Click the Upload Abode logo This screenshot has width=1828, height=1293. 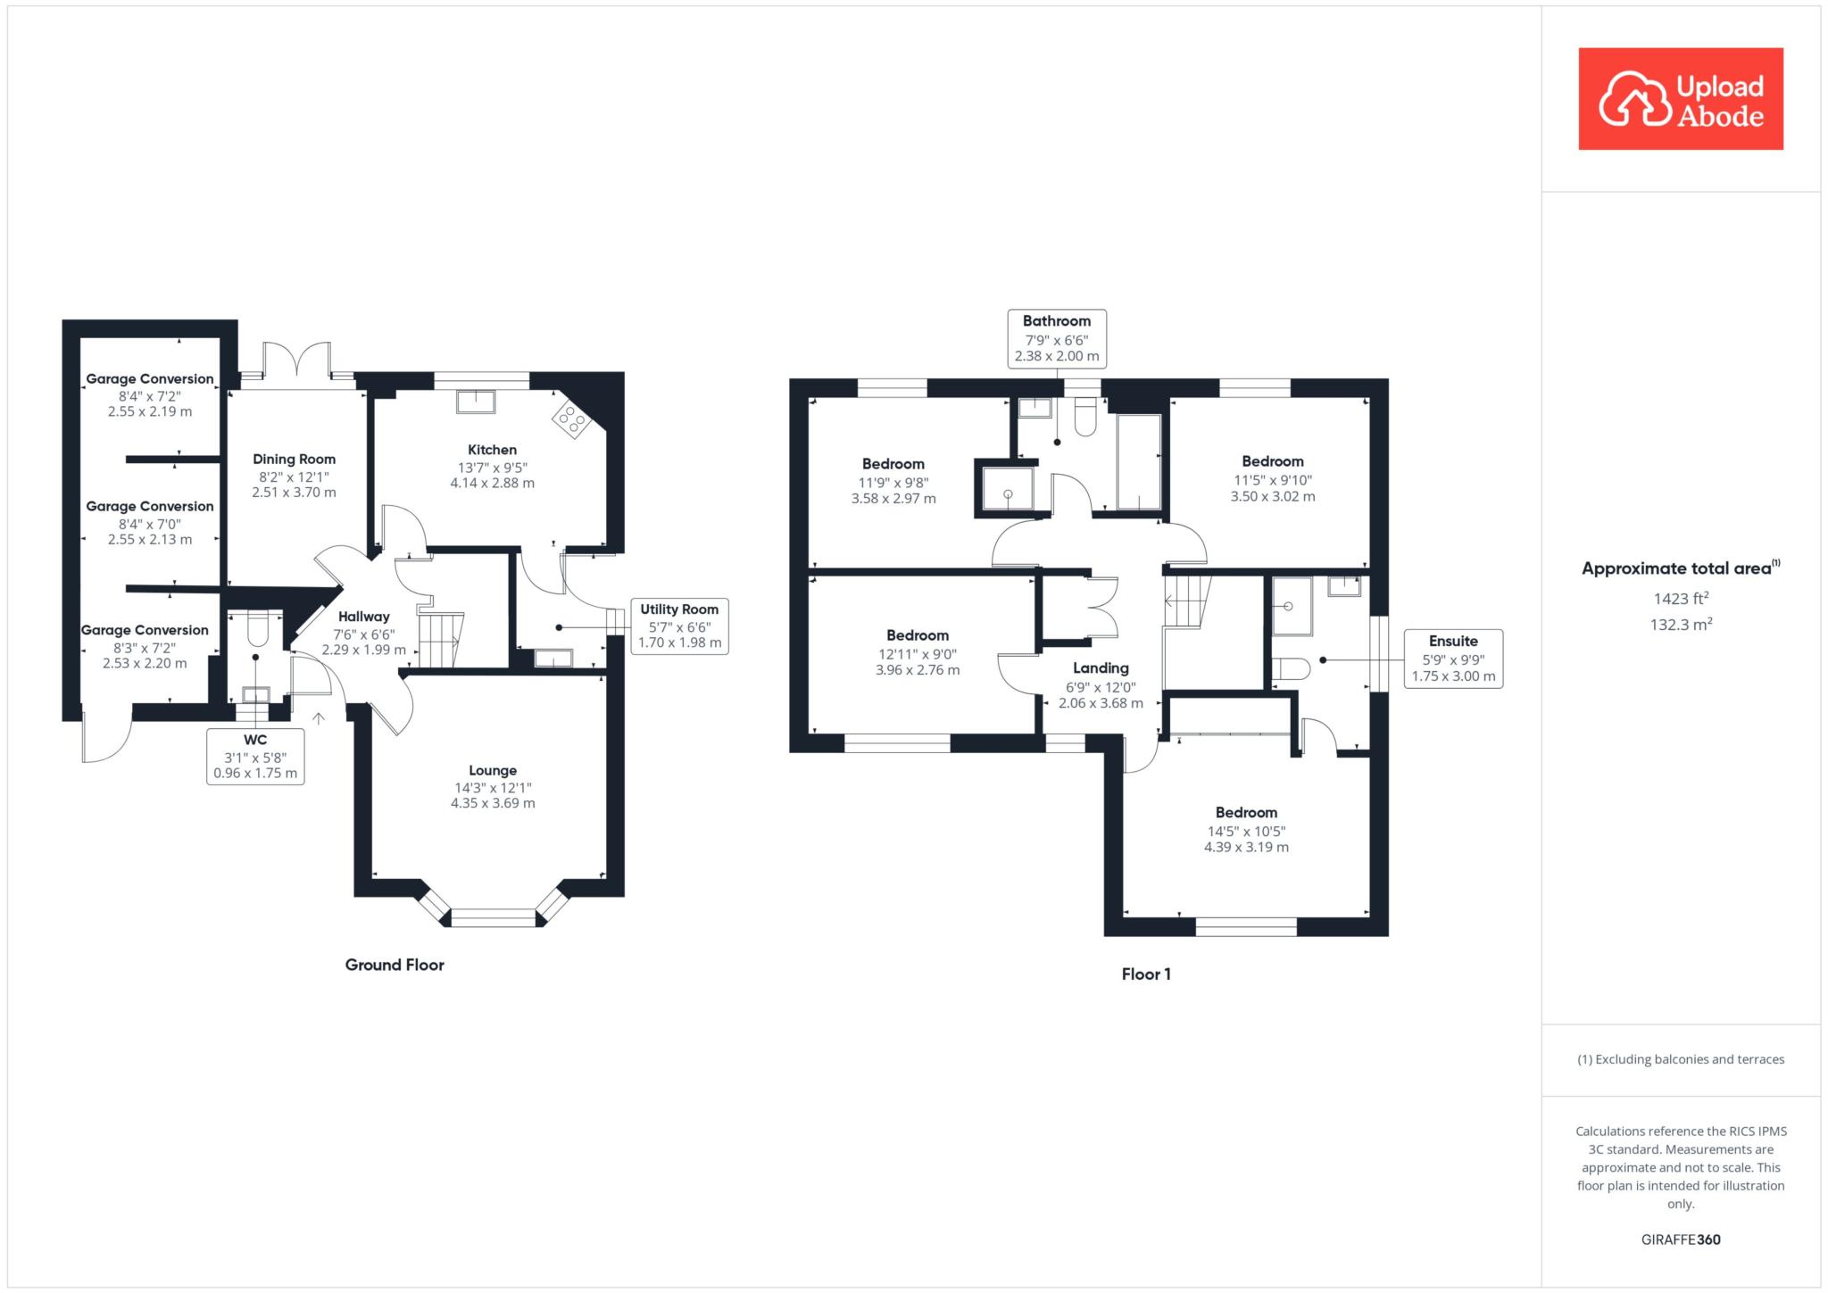point(1681,99)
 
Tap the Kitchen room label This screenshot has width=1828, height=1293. point(492,450)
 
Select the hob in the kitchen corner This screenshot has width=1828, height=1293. point(570,419)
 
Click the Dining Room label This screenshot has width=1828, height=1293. point(294,460)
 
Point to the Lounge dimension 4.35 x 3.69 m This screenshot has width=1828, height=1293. point(493,803)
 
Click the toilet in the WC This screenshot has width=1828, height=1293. point(256,628)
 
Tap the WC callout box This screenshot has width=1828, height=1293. point(255,757)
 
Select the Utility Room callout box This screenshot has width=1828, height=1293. point(679,626)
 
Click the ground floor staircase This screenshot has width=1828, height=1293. point(442,639)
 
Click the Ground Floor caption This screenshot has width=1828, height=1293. point(395,965)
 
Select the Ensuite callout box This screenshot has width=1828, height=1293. point(1453,659)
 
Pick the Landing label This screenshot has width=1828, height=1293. point(1101,668)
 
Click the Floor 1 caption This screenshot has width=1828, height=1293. point(1146,974)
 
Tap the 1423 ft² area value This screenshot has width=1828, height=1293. point(1681,599)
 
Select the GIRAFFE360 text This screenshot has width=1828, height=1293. point(1681,1239)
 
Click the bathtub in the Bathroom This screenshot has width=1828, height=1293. point(1139,462)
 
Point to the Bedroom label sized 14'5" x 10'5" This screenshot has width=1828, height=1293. point(1246,813)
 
